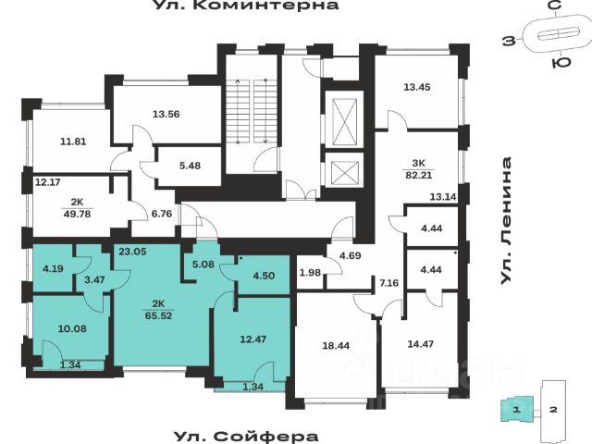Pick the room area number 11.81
73,142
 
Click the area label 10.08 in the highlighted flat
71,327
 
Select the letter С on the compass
552,7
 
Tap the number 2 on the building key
551,408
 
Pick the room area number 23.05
133,250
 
